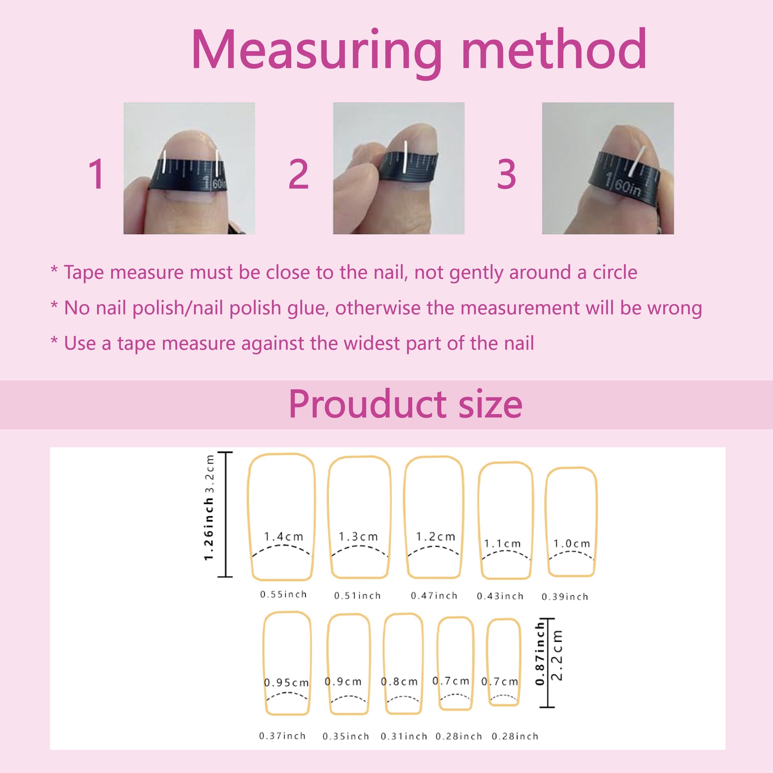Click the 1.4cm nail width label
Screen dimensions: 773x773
pyautogui.click(x=283, y=537)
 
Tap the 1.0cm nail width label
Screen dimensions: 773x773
pyautogui.click(x=572, y=543)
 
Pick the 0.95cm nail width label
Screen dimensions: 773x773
pyautogui.click(x=286, y=682)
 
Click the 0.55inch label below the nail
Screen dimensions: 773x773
pyautogui.click(x=283, y=595)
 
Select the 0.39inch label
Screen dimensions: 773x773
pyautogui.click(x=565, y=597)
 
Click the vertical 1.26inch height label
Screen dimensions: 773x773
pyautogui.click(x=209, y=529)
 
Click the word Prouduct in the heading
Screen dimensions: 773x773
pyautogui.click(x=367, y=404)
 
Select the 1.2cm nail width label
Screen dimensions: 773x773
pyautogui.click(x=435, y=537)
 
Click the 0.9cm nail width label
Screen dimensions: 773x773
pyautogui.click(x=343, y=682)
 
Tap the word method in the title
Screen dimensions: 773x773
pyautogui.click(x=554, y=50)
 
